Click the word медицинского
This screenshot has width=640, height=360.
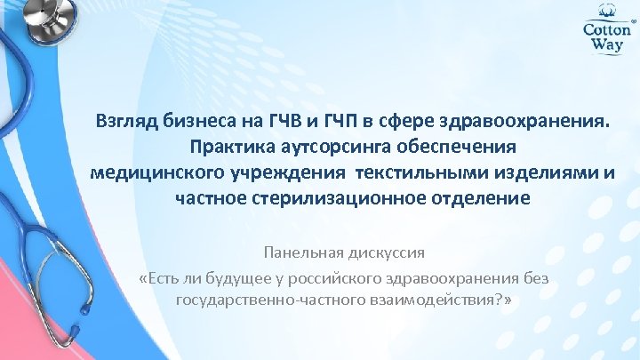pos(156,172)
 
